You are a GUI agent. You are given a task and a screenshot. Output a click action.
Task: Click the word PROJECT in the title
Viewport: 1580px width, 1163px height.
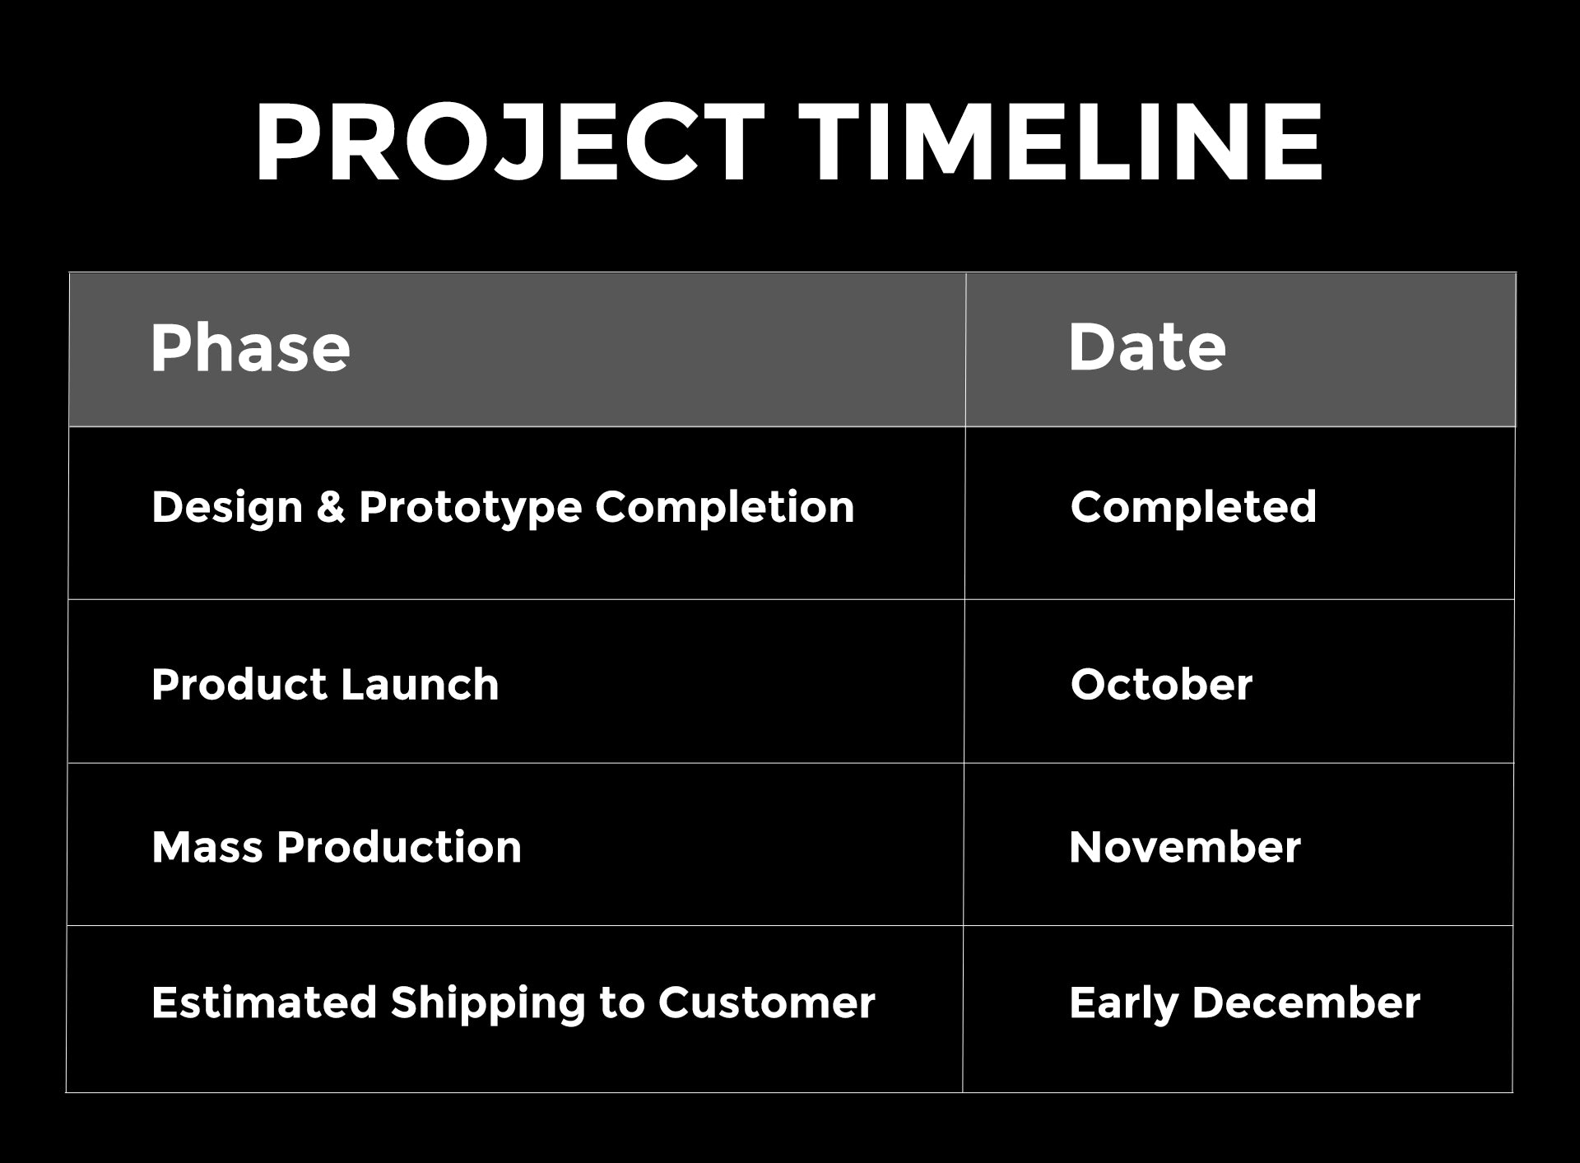[509, 142]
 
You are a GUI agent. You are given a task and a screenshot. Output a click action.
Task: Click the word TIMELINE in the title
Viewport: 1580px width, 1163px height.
[1062, 142]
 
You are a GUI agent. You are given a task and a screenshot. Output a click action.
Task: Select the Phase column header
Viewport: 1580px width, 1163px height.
[250, 348]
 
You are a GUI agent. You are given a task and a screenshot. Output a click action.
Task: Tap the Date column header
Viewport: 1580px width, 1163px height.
[1147, 347]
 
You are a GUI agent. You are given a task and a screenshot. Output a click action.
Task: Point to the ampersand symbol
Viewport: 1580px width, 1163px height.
[330, 506]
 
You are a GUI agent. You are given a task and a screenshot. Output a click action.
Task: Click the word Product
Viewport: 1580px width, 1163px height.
[239, 685]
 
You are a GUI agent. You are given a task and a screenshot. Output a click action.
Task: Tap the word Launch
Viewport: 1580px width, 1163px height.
[420, 685]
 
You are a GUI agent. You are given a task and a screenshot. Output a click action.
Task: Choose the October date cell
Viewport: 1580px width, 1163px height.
[1161, 685]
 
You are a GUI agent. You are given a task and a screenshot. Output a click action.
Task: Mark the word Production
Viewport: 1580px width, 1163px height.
[399, 848]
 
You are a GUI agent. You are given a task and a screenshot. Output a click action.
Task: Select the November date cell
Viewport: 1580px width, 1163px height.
[1185, 848]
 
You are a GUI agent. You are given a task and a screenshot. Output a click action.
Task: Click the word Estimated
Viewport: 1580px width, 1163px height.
[263, 1003]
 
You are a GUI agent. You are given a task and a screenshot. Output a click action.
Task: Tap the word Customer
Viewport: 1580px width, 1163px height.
[766, 1003]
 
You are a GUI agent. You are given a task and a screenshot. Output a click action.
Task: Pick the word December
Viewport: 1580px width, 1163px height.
[1306, 1003]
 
